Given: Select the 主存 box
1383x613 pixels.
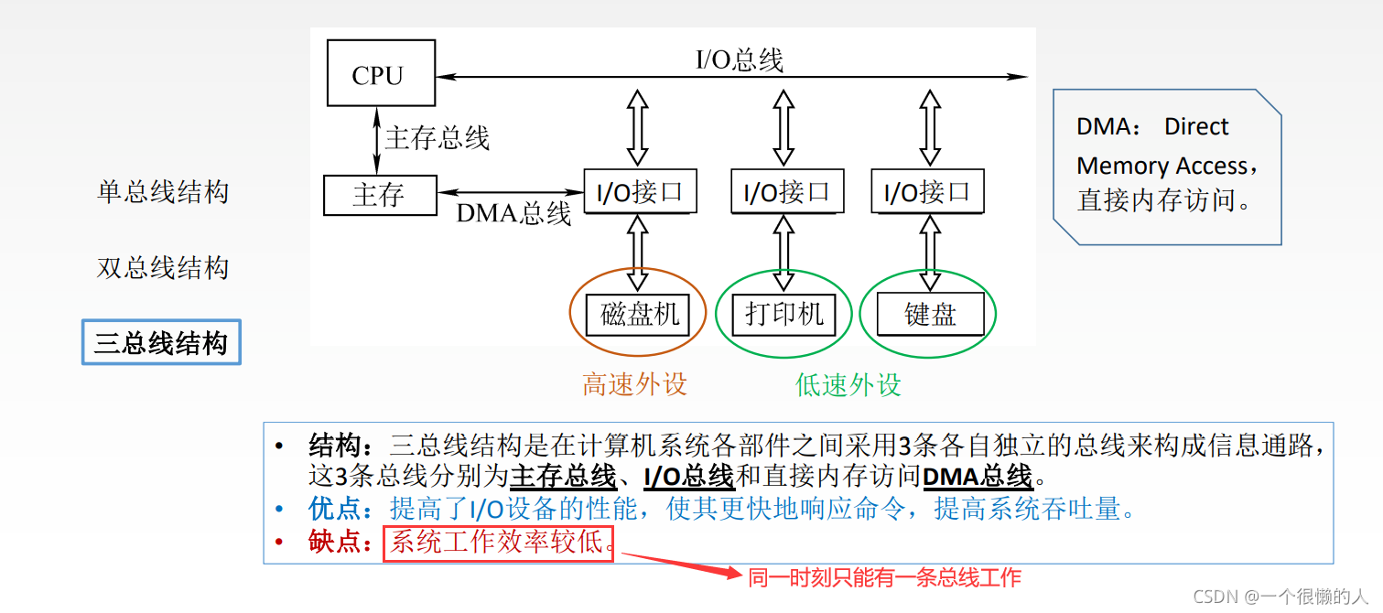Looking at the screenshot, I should click(x=379, y=195).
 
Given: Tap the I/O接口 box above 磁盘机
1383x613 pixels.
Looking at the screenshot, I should click(x=640, y=192).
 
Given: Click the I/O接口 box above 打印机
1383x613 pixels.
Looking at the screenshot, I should click(x=785, y=192).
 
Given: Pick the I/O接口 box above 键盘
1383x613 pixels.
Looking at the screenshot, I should click(x=927, y=192).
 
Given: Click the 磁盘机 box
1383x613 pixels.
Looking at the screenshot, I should click(x=639, y=315).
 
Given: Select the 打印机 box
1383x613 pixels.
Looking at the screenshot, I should click(x=784, y=314).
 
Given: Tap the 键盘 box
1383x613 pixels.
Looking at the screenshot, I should click(x=930, y=315).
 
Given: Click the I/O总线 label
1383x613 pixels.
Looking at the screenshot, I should click(x=740, y=60).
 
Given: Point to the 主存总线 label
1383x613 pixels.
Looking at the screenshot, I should click(x=438, y=138).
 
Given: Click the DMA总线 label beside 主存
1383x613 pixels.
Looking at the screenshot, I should click(x=513, y=214).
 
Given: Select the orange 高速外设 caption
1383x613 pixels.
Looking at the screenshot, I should click(x=634, y=384).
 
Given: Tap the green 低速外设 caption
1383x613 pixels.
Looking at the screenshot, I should click(x=848, y=384).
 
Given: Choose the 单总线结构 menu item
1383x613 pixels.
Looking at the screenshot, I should click(x=162, y=192).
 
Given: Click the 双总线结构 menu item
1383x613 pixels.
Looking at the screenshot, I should click(x=162, y=268).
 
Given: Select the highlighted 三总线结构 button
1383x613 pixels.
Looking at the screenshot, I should click(x=161, y=343).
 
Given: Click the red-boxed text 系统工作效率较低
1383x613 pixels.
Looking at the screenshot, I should click(x=498, y=543).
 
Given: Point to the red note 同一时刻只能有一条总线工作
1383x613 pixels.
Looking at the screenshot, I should click(x=883, y=578).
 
